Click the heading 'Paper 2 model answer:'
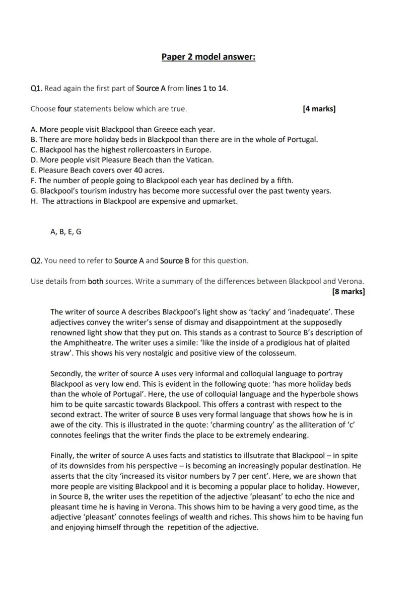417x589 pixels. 208,57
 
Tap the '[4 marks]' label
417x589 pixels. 319,108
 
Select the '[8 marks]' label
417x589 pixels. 349,291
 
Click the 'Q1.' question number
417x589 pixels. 36,89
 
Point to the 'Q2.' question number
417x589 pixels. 36,261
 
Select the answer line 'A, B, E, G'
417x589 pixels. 65,232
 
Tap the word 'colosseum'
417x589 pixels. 279,353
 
